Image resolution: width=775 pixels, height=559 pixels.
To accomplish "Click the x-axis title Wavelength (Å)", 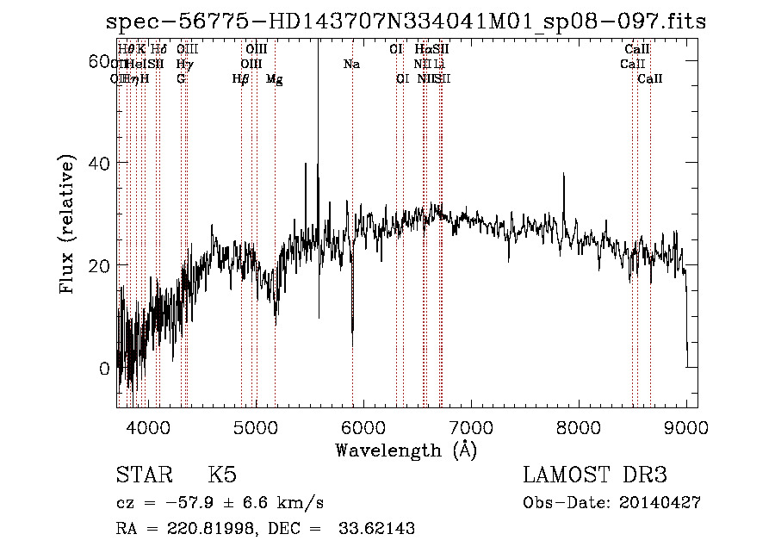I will [x=406, y=450].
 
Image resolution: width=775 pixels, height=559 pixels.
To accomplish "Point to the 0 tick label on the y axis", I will [x=104, y=369].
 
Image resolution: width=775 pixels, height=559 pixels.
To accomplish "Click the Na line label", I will [x=351, y=64].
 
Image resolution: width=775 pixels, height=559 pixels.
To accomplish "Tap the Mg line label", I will [x=275, y=79].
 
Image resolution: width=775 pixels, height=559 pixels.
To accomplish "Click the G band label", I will [x=181, y=78].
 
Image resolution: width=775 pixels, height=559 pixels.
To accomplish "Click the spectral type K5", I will [x=222, y=476].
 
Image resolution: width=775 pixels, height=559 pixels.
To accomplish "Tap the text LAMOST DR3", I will [x=595, y=476].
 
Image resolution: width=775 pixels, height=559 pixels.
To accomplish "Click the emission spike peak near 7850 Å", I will [x=564, y=174].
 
